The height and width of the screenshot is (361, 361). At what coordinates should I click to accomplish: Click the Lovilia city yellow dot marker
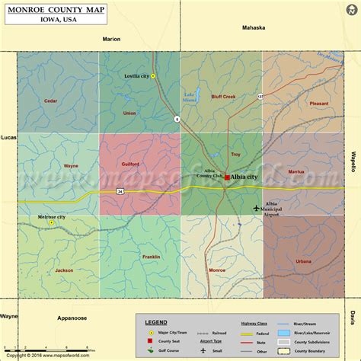pos(153,76)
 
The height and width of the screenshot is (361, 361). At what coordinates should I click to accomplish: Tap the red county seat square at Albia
pos(227,177)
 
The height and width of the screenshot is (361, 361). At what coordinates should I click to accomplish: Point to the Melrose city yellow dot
pos(51,223)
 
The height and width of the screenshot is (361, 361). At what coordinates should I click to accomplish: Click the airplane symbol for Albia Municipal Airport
pos(256,206)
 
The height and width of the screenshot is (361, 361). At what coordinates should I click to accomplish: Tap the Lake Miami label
pos(190,97)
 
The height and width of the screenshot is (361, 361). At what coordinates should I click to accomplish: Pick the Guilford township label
pos(129,164)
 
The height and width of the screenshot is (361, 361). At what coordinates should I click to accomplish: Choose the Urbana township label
pos(303,261)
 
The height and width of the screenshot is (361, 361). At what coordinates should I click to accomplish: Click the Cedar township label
pos(50,101)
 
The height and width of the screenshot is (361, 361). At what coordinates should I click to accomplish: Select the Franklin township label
pos(151,257)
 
